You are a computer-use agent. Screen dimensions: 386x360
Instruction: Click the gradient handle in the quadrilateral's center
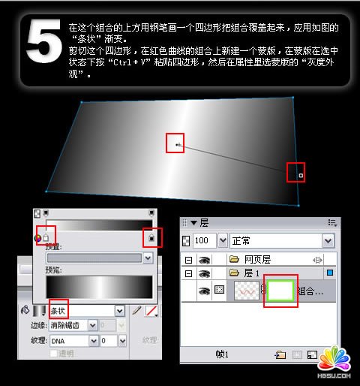pyautogui.click(x=176, y=143)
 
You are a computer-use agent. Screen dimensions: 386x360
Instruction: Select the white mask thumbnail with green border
pyautogui.click(x=280, y=290)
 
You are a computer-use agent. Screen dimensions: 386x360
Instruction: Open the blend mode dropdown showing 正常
pyautogui.click(x=282, y=240)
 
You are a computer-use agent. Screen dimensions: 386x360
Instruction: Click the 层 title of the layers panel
pyautogui.click(x=204, y=222)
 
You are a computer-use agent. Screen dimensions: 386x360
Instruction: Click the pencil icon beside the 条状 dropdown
pyautogui.click(x=136, y=310)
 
